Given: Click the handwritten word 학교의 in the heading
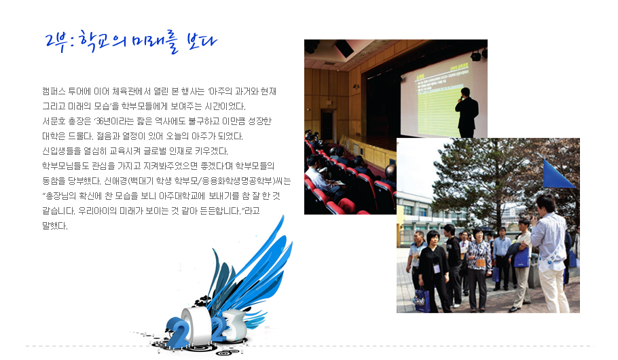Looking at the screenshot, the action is tap(102, 41).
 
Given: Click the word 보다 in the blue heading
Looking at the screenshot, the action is tap(202, 41).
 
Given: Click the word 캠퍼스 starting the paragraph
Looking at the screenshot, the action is tap(54, 92).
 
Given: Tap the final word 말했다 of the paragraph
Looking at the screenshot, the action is tap(55, 226).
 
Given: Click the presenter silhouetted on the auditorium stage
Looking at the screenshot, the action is tap(467, 113).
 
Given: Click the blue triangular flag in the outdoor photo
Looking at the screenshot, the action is tap(558, 174).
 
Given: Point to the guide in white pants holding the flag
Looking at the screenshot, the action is tap(550, 253).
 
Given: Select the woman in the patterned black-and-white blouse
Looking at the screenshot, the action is tap(478, 269).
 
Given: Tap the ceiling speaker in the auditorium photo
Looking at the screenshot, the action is tap(344, 48).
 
